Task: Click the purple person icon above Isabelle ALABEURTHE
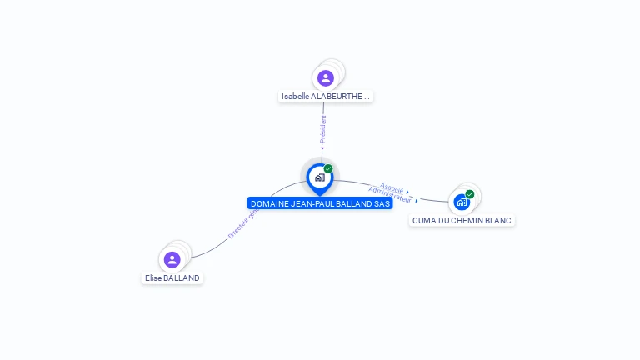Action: tap(326, 78)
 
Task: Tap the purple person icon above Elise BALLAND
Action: tap(172, 259)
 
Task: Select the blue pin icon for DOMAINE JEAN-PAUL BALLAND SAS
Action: tap(319, 177)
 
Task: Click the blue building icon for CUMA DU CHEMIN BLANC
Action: tap(462, 202)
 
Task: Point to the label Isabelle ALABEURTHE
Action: tap(325, 97)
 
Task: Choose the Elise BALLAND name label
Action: tap(172, 278)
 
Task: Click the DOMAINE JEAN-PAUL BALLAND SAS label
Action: tap(320, 203)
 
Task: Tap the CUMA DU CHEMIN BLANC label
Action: tap(462, 221)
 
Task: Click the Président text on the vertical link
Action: tap(323, 129)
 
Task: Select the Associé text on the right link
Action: tap(392, 187)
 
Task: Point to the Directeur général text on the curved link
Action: tap(243, 223)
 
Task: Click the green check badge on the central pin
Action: tap(328, 169)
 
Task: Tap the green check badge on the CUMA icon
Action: tap(470, 194)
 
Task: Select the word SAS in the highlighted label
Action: tap(382, 203)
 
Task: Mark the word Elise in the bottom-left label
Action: tap(153, 278)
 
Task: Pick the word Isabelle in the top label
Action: tap(295, 97)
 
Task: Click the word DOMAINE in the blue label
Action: tap(269, 203)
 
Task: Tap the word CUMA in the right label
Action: tap(423, 221)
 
